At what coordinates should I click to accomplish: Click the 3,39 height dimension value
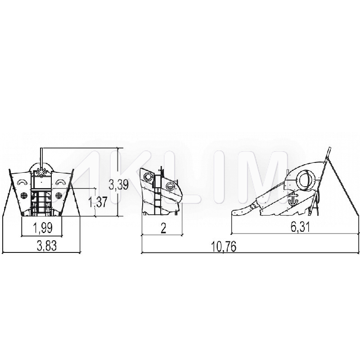[118, 184]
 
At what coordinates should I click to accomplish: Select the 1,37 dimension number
[98, 202]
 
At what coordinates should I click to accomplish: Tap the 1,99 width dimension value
[43, 228]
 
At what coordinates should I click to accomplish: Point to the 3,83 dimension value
[47, 246]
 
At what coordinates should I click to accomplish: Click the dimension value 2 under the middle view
[163, 228]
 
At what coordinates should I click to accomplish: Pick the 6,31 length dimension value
[300, 227]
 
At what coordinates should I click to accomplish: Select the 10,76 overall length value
[224, 247]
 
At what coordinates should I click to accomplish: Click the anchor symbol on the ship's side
[293, 199]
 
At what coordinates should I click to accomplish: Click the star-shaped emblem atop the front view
[41, 172]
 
